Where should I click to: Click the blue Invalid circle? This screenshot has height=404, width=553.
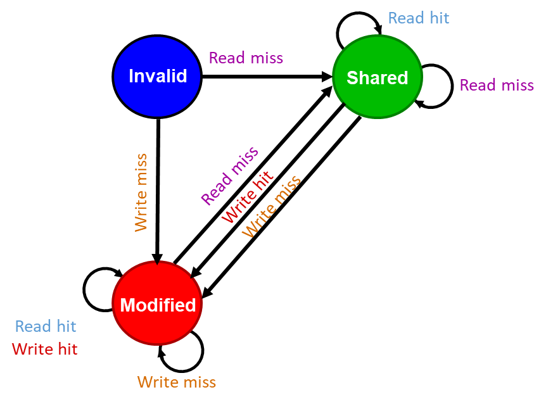coord(157,77)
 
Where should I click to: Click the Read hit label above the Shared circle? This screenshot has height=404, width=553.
coord(419,18)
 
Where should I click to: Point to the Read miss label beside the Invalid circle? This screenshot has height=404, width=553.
coord(246,58)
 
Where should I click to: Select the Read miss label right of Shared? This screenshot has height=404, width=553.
coord(497,85)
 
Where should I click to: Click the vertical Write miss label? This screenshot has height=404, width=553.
coord(141,192)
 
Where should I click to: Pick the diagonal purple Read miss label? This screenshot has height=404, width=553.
coord(230,176)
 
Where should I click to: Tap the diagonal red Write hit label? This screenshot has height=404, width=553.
coord(248,196)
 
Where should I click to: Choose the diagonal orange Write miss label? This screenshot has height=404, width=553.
coord(272,206)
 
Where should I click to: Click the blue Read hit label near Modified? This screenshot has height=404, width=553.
coord(46,326)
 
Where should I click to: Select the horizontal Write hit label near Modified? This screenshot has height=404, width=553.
coord(45,348)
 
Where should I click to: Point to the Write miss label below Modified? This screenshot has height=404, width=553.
coord(176,382)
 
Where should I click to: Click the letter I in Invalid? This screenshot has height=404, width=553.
coord(131,77)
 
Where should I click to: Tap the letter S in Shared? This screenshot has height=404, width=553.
coord(352,78)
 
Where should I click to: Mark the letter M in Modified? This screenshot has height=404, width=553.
coord(127,305)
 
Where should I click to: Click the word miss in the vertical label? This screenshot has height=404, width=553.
coord(141,169)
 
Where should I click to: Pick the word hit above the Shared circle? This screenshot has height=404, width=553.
coord(438,18)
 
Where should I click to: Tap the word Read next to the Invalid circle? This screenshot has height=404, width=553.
coord(227,58)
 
